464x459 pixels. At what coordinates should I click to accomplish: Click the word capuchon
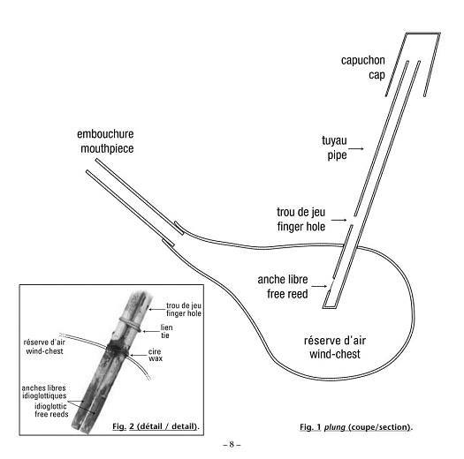point(362,61)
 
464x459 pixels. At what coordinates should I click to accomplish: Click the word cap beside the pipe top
point(377,75)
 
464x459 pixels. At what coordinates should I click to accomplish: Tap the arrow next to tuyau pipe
point(358,148)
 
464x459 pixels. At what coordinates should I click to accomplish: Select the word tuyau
point(334,140)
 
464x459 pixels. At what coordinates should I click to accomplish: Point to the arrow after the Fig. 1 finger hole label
point(338,220)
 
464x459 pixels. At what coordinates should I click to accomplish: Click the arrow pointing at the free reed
point(319,286)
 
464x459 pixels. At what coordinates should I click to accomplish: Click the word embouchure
point(105,134)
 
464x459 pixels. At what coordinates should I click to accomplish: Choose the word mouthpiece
point(107,148)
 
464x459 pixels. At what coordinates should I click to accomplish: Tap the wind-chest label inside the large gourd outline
point(335,354)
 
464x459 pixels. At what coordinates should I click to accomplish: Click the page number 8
point(232,444)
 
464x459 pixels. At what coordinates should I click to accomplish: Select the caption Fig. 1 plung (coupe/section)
point(356,427)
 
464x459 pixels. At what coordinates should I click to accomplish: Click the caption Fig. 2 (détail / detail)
point(156,426)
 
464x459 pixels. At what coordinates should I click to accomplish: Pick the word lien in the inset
point(167,327)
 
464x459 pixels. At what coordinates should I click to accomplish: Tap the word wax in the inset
point(156,358)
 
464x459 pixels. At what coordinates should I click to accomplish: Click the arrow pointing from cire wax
point(138,355)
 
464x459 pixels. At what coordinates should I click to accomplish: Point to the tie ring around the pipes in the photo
point(130,323)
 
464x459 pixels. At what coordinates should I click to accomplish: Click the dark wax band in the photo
point(118,348)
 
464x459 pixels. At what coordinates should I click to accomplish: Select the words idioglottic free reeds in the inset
point(51,410)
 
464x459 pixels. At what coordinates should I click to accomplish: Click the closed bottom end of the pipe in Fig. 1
point(329,307)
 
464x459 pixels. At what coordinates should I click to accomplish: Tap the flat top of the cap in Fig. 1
point(423,34)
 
